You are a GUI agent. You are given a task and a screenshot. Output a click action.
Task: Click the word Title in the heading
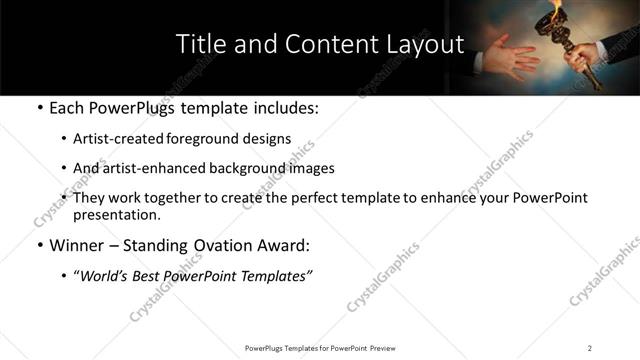200,44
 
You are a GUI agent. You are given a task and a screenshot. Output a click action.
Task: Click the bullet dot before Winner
38,245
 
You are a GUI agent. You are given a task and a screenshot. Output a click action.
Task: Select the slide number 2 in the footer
589,347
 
